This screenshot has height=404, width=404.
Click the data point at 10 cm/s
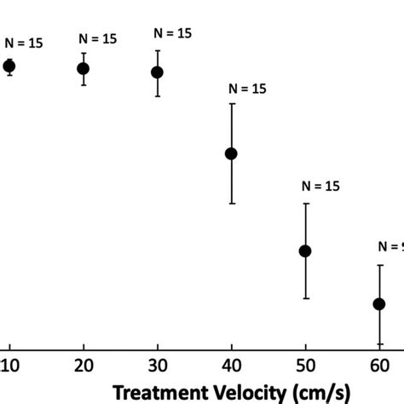9,66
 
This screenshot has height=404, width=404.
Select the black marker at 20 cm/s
84,68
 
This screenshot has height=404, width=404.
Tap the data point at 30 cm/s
157,72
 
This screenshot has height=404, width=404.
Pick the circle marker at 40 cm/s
231,153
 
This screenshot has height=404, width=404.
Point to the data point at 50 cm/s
305,251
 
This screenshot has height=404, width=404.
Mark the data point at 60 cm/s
379,303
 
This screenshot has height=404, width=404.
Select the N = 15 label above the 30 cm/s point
173,32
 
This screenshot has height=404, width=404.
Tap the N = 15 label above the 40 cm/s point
247,87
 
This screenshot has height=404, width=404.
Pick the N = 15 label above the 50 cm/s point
320,186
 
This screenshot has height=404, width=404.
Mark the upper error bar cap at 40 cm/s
231,104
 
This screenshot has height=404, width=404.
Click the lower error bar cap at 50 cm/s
305,298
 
